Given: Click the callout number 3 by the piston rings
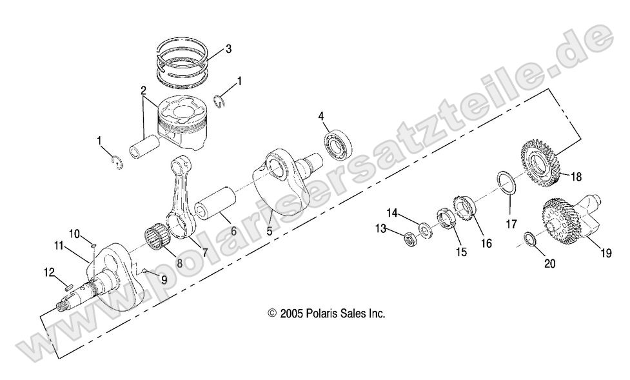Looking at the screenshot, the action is pos(228,50).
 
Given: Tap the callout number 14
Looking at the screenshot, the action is pos(392,213).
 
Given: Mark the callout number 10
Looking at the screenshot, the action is pos(74,232).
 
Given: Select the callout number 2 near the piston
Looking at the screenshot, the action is pos(143,91).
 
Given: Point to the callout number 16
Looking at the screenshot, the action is pos(486,243).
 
